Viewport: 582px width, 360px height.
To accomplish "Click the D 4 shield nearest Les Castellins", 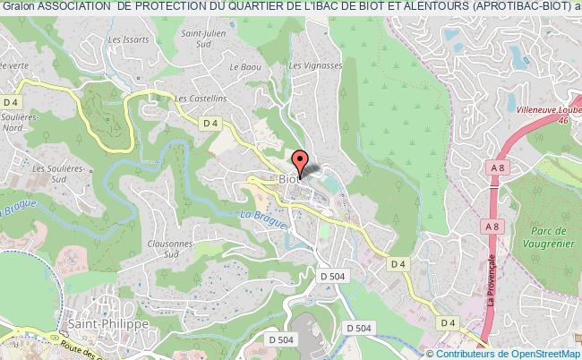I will [211, 123].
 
